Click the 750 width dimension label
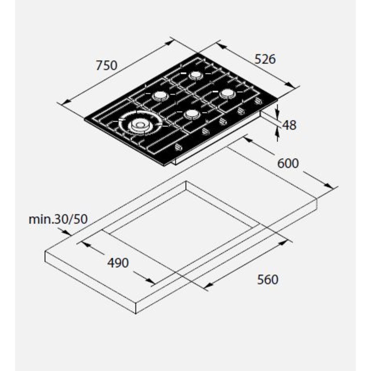[x=107, y=65]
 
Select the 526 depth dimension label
[x=265, y=59]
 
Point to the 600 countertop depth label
[x=288, y=164]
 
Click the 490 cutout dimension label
[x=118, y=263]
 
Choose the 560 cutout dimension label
[x=268, y=280]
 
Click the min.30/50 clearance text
[x=58, y=219]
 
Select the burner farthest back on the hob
[x=195, y=75]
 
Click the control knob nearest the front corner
[x=178, y=148]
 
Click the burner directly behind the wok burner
[x=161, y=96]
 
